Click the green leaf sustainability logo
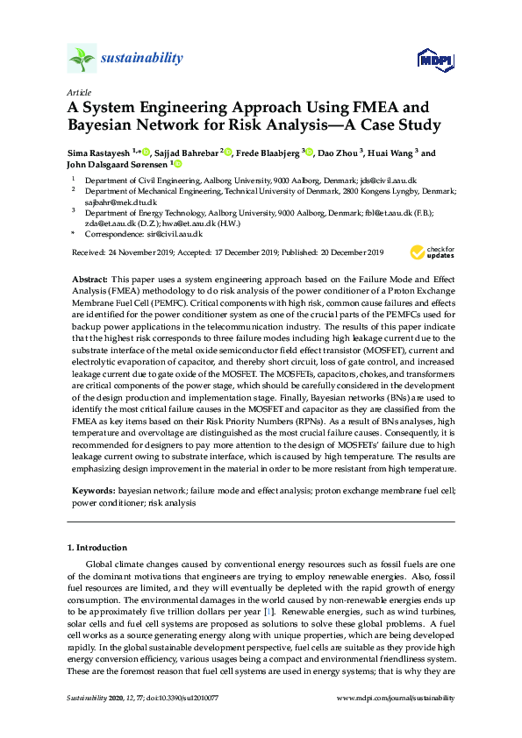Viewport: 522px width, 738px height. point(81,60)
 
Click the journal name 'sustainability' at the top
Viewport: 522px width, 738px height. point(143,59)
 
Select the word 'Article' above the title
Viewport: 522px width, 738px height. point(79,92)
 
